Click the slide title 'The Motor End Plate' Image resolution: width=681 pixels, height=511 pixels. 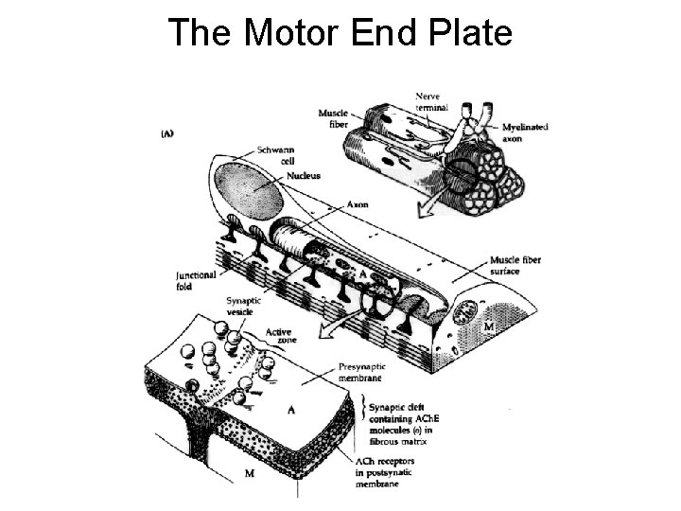click(x=340, y=32)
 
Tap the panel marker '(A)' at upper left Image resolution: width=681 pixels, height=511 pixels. click(x=167, y=133)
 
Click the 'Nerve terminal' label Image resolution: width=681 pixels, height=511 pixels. click(x=431, y=101)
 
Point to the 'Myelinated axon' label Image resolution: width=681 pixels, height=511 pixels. click(x=525, y=132)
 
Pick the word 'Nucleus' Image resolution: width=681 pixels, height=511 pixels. click(x=303, y=175)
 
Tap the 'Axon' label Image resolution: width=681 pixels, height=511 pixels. click(x=358, y=203)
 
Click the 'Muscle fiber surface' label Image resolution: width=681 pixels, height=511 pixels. click(x=515, y=265)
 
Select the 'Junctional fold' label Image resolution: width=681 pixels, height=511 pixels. click(x=196, y=280)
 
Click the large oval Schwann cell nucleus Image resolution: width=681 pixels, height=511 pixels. click(x=250, y=191)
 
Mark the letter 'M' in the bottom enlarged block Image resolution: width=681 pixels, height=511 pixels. click(x=249, y=473)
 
